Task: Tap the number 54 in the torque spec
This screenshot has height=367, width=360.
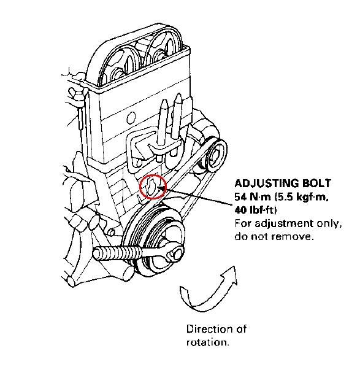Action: pos(242,197)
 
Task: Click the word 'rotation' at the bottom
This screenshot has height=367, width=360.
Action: pos(208,342)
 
